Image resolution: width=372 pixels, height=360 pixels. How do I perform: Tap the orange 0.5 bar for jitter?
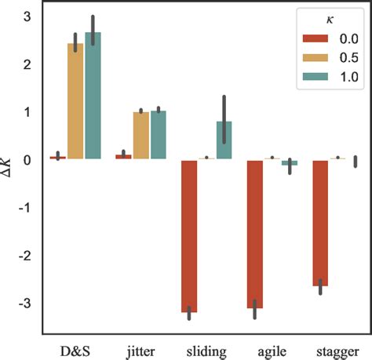pos(140,136)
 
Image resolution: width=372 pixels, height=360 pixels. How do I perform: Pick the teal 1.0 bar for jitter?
pos(158,135)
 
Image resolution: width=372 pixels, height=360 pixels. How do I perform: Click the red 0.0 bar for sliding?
pos(188,235)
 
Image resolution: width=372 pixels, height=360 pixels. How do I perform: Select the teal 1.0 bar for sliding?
pos(224,140)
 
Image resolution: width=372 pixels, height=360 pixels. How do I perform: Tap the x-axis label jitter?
pos(140,346)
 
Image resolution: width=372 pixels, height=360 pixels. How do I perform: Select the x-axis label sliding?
pos(206,346)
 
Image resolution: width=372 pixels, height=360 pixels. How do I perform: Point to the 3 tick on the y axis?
pos(27,16)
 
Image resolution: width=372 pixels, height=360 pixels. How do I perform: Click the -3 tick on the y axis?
pos(24,304)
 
